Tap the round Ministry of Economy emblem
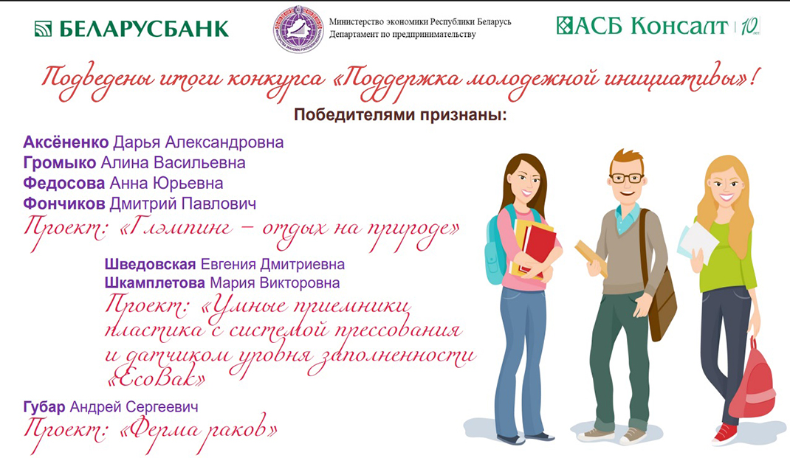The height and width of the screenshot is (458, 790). pyautogui.click(x=298, y=29)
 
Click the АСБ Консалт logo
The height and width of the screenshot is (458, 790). pyautogui.click(x=642, y=27)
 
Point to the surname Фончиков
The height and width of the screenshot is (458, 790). pyautogui.click(x=65, y=203)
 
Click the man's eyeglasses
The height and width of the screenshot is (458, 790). pyautogui.click(x=626, y=178)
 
